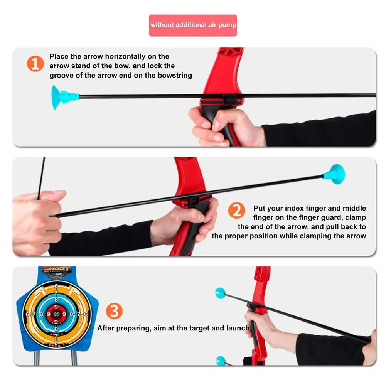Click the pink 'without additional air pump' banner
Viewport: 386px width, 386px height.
193,25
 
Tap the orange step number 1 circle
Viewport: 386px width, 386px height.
35,64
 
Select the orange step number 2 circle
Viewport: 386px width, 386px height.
236,211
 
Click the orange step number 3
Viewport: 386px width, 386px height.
114,311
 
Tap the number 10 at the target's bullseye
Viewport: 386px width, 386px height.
56,314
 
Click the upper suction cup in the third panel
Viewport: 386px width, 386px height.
221,293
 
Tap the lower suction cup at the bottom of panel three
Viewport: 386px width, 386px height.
221,361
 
